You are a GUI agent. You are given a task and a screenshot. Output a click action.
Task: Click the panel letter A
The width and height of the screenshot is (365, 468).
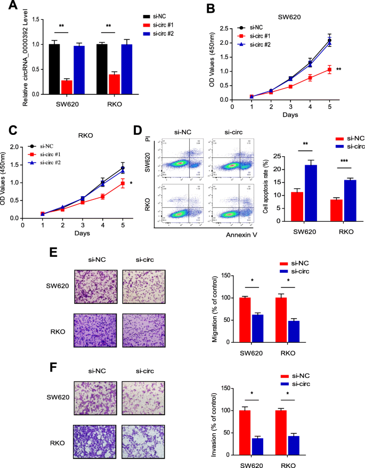click(10, 7)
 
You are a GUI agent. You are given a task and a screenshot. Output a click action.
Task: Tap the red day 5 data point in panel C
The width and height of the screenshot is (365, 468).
click(123, 183)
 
